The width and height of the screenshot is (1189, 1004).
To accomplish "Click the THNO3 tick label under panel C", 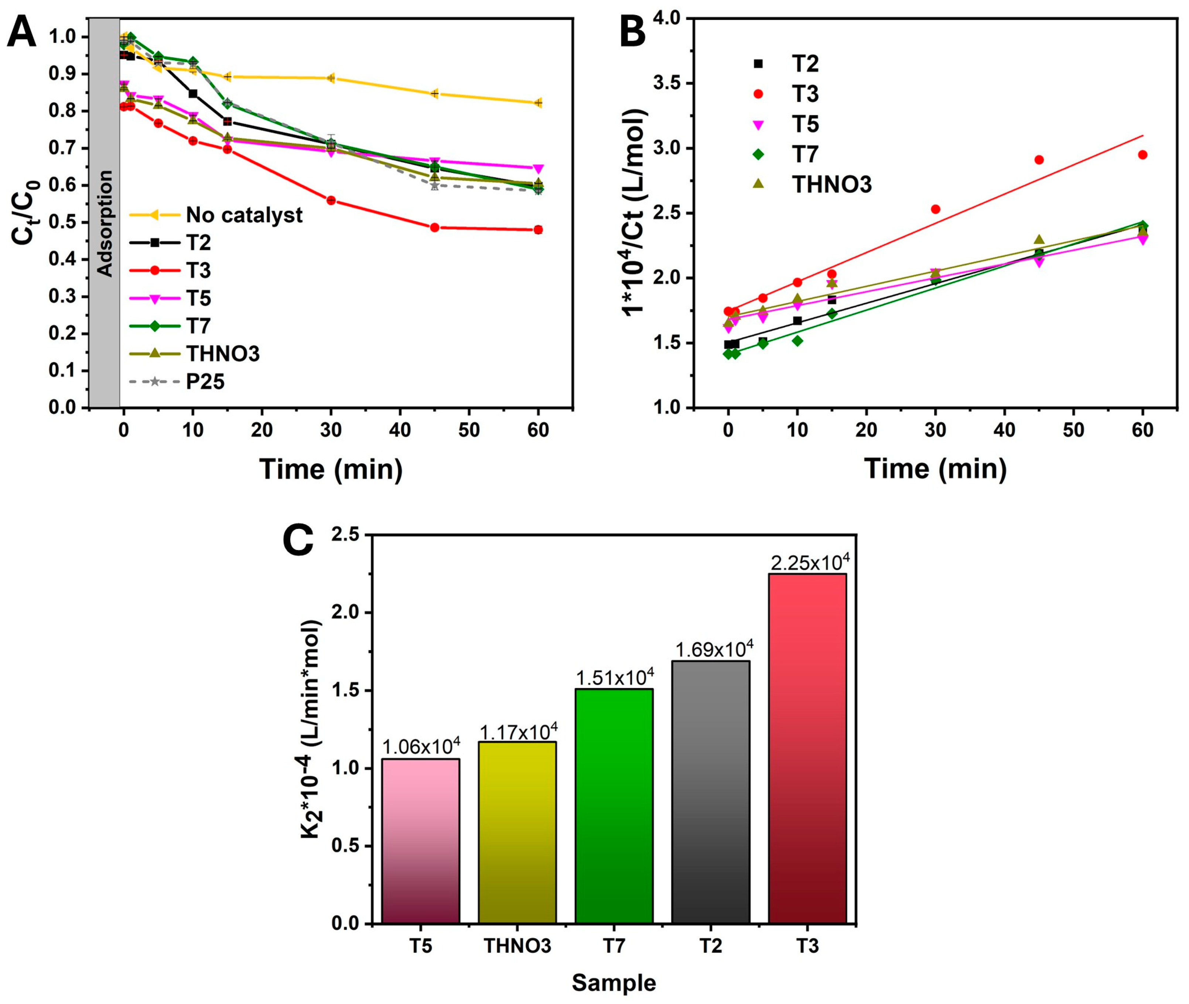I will click(x=517, y=946).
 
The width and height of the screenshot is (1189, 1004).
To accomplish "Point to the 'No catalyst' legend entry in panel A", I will click(x=244, y=215).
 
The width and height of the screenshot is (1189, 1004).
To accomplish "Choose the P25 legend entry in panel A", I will click(x=205, y=381).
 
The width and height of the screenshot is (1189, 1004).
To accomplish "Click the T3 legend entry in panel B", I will click(x=804, y=94).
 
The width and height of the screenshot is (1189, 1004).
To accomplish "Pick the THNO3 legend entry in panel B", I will click(x=831, y=185).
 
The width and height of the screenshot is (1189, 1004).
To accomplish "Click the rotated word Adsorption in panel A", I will click(x=105, y=223).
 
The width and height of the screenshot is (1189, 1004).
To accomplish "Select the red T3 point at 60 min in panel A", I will click(x=538, y=230).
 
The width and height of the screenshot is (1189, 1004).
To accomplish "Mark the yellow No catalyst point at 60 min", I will click(x=538, y=103).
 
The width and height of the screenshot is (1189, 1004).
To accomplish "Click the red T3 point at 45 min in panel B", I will click(x=1039, y=160).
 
